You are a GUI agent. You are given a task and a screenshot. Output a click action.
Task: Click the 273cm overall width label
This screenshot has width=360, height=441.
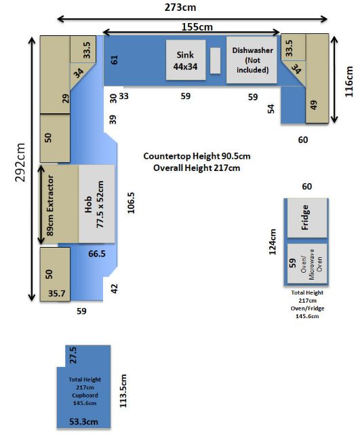(x=180, y=7)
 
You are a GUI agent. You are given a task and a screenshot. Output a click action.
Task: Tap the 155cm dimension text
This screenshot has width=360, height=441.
(x=197, y=27)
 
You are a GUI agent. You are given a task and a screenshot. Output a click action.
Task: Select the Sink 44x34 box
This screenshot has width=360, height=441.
(x=186, y=60)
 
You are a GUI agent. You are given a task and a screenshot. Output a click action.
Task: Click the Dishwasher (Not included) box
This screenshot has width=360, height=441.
(x=252, y=60)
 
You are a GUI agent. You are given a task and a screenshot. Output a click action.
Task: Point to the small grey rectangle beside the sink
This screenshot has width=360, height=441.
(x=216, y=61)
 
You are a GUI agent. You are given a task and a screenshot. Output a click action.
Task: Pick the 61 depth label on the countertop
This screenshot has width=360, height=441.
(x=115, y=60)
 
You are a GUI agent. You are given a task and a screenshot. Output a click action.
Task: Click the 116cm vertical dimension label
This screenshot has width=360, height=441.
(x=348, y=81)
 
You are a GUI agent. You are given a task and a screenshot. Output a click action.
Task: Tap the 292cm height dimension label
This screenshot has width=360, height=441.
(x=20, y=163)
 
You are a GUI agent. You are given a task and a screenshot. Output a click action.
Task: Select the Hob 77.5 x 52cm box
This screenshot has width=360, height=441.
(x=97, y=204)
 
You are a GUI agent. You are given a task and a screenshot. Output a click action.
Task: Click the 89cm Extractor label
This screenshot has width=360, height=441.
(x=50, y=206)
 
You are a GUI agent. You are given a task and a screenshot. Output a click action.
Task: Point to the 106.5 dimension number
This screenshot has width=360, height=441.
(x=131, y=203)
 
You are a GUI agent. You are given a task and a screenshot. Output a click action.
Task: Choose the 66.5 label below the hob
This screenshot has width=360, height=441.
(x=97, y=254)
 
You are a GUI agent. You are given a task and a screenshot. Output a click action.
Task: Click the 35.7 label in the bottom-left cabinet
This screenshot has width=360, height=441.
(x=57, y=293)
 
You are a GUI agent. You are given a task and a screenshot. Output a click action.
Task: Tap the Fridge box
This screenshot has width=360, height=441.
(x=307, y=218)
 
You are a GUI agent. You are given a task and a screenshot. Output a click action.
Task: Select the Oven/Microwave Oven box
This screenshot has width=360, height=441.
(x=307, y=263)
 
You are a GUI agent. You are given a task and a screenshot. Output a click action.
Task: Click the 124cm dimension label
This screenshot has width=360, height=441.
(x=273, y=242)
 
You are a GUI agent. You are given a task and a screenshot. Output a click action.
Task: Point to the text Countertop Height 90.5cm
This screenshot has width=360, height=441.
(x=197, y=156)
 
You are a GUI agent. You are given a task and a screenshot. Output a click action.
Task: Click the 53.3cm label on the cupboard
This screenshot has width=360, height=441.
(x=84, y=421)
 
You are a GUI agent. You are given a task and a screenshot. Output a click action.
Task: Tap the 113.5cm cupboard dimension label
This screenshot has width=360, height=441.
(x=123, y=391)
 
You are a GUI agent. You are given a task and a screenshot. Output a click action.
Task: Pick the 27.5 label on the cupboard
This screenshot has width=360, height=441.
(x=73, y=356)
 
